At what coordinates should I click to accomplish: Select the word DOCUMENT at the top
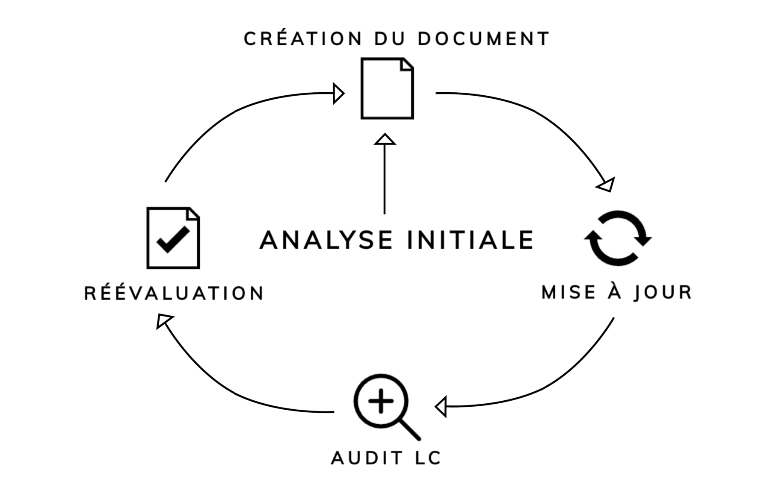(x=483, y=39)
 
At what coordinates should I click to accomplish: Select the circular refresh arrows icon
(x=617, y=238)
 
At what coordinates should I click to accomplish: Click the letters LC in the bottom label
(x=428, y=458)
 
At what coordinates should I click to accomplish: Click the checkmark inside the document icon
(x=173, y=240)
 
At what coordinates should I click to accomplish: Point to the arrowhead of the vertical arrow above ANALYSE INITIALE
(x=385, y=139)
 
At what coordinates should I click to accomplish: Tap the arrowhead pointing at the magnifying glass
(x=441, y=406)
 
